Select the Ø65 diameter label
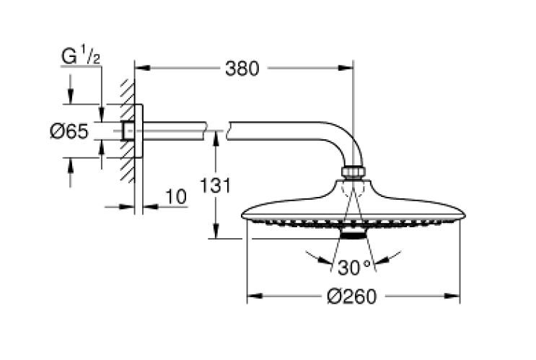click(69, 131)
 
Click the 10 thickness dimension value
click(175, 196)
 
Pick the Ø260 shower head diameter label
click(353, 297)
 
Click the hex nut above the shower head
click(353, 173)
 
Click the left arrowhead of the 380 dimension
click(141, 70)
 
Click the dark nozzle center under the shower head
click(353, 236)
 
